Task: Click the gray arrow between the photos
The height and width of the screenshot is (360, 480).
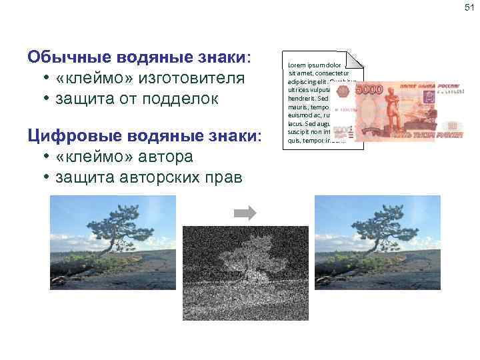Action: [245, 213]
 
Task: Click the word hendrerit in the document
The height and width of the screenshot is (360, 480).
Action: [304, 97]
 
